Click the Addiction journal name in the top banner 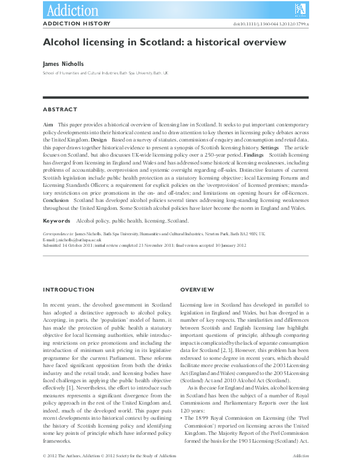72,9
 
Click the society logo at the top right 300,8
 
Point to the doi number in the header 275,24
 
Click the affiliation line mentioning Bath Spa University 105,73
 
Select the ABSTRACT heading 60,109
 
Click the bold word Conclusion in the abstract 56,199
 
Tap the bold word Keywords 57,221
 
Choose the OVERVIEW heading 197,290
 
